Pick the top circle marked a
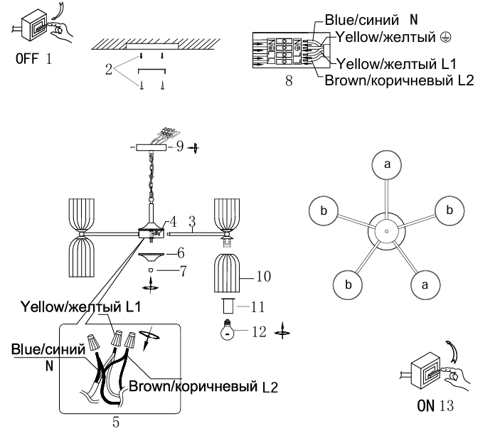tap(387, 165)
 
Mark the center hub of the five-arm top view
tap(387, 232)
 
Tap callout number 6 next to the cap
tap(181, 253)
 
